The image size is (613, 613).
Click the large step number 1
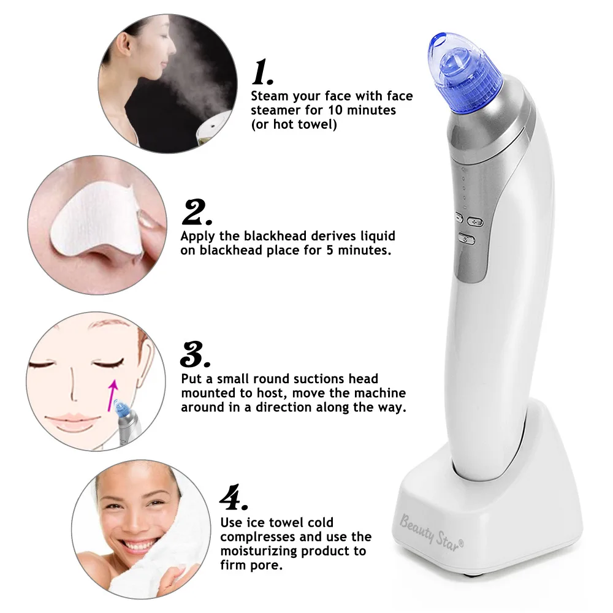[x=262, y=72]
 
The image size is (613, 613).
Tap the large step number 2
[x=197, y=212]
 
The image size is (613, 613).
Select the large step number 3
[x=195, y=354]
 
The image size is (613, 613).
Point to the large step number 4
[x=234, y=497]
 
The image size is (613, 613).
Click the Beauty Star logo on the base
[x=431, y=533]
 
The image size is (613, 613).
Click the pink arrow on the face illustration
[x=113, y=395]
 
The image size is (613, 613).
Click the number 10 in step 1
[x=335, y=110]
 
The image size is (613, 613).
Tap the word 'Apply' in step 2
[x=197, y=237]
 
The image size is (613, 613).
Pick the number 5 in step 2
[x=330, y=250]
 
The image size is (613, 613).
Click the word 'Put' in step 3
[x=191, y=379]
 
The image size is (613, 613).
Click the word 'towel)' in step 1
[x=318, y=124]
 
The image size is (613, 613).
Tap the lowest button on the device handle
[x=466, y=239]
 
